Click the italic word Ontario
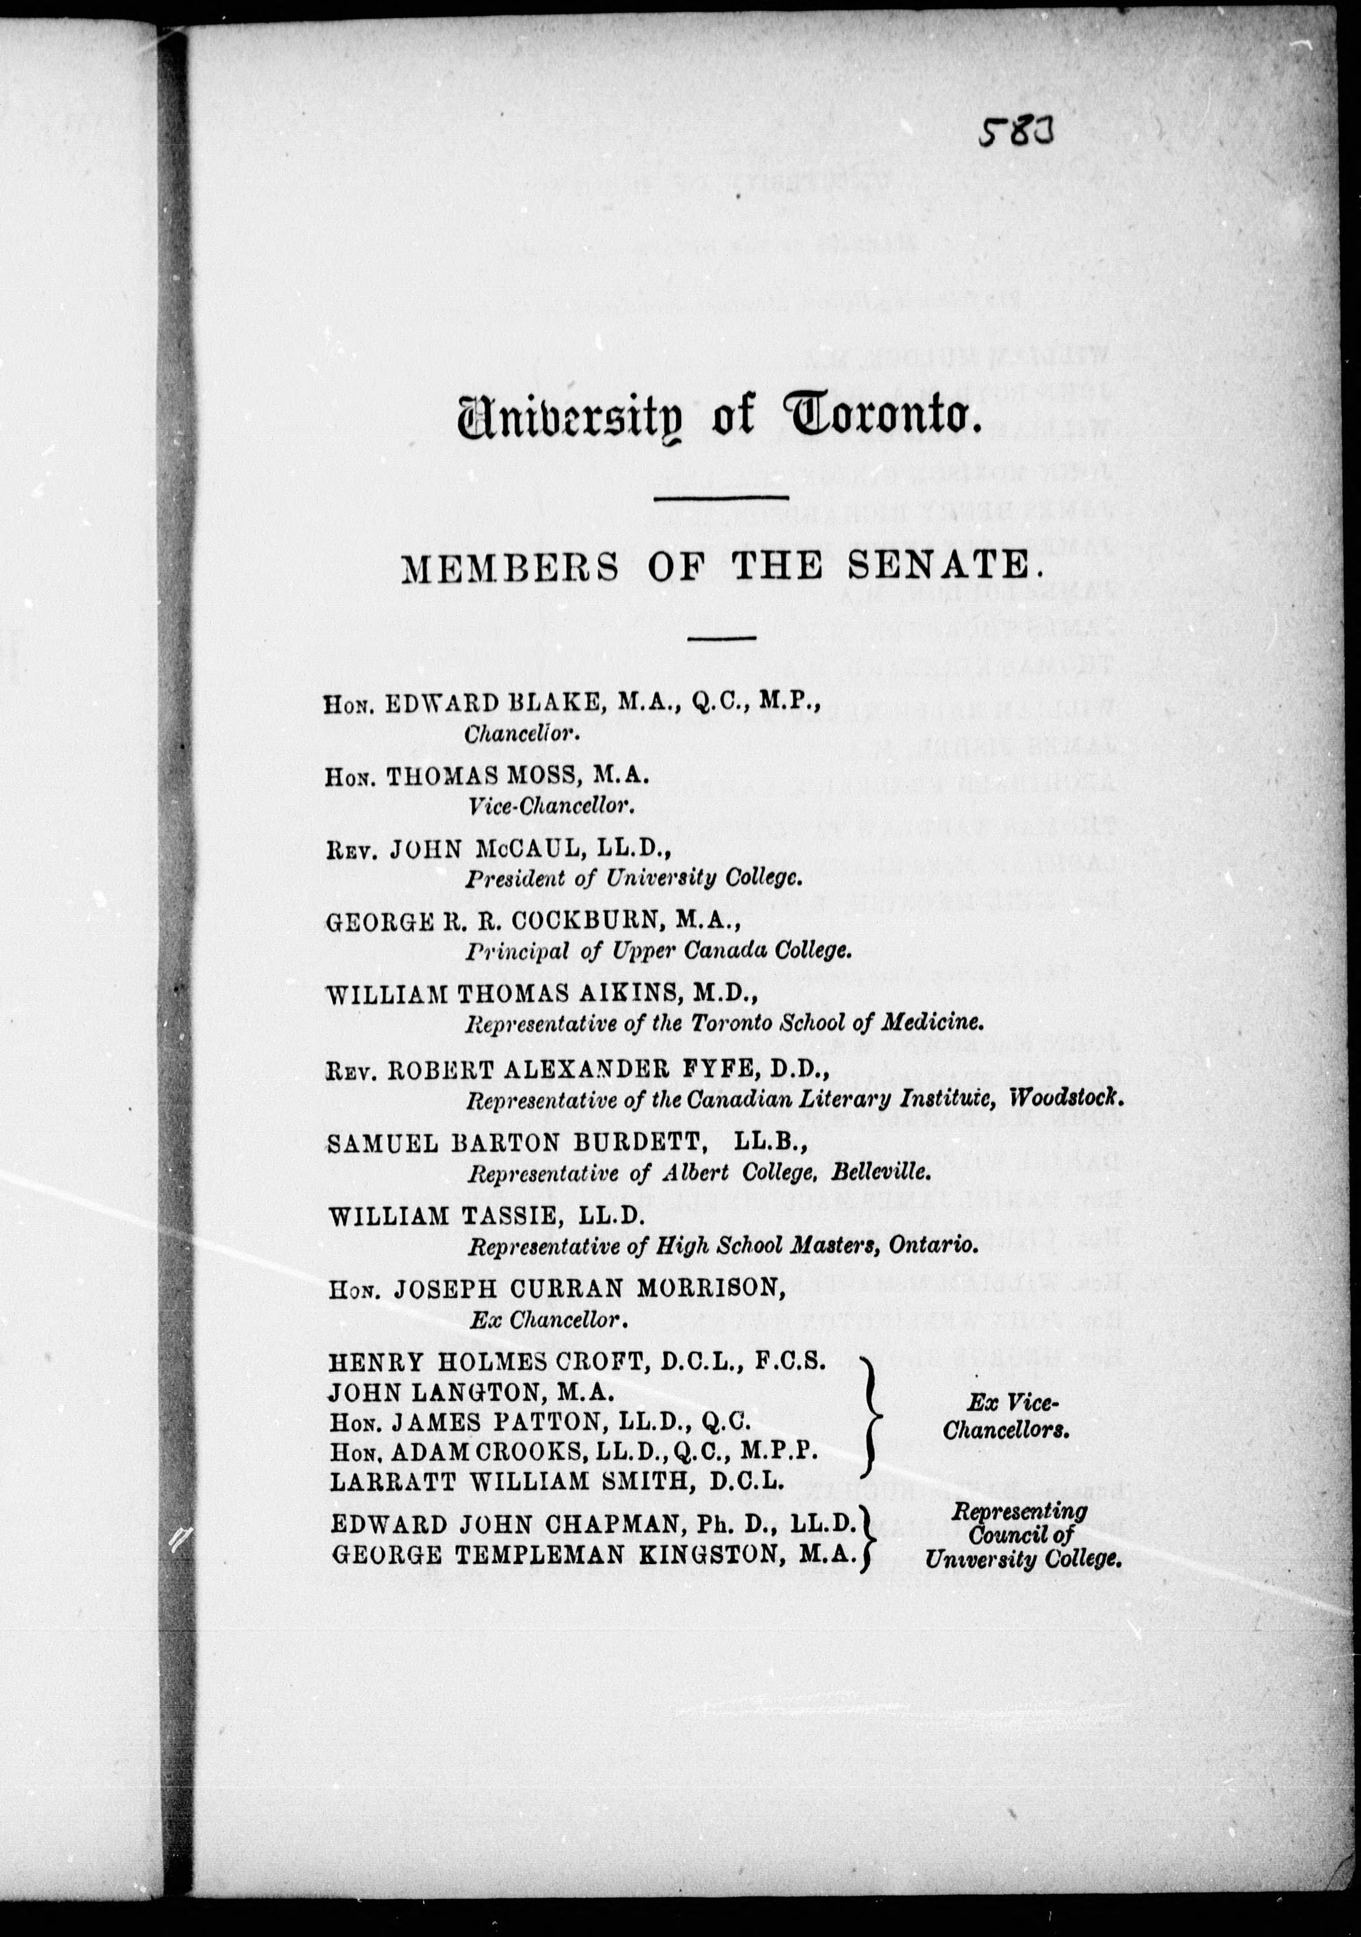pyautogui.click(x=932, y=1245)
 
